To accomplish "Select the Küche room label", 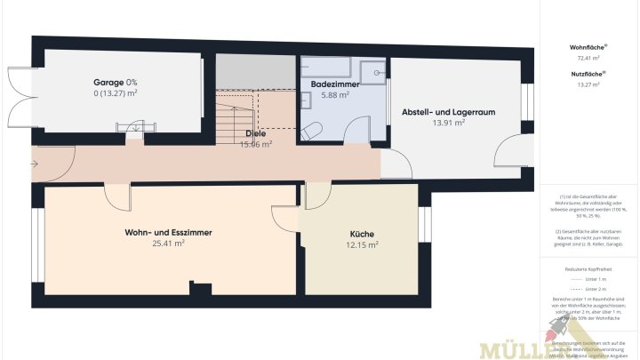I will [361, 233].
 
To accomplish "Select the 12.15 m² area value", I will [361, 244].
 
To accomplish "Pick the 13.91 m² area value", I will [448, 124].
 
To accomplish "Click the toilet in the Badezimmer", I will [312, 131].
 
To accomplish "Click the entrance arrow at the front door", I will [34, 164].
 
